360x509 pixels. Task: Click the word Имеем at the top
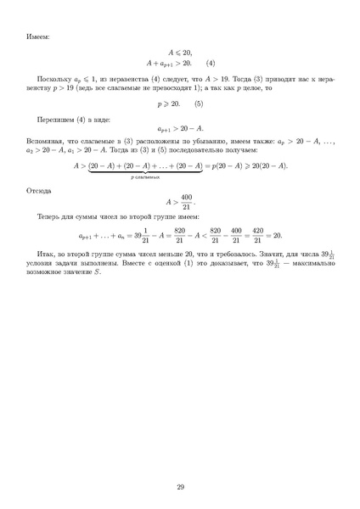(x=37, y=36)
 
